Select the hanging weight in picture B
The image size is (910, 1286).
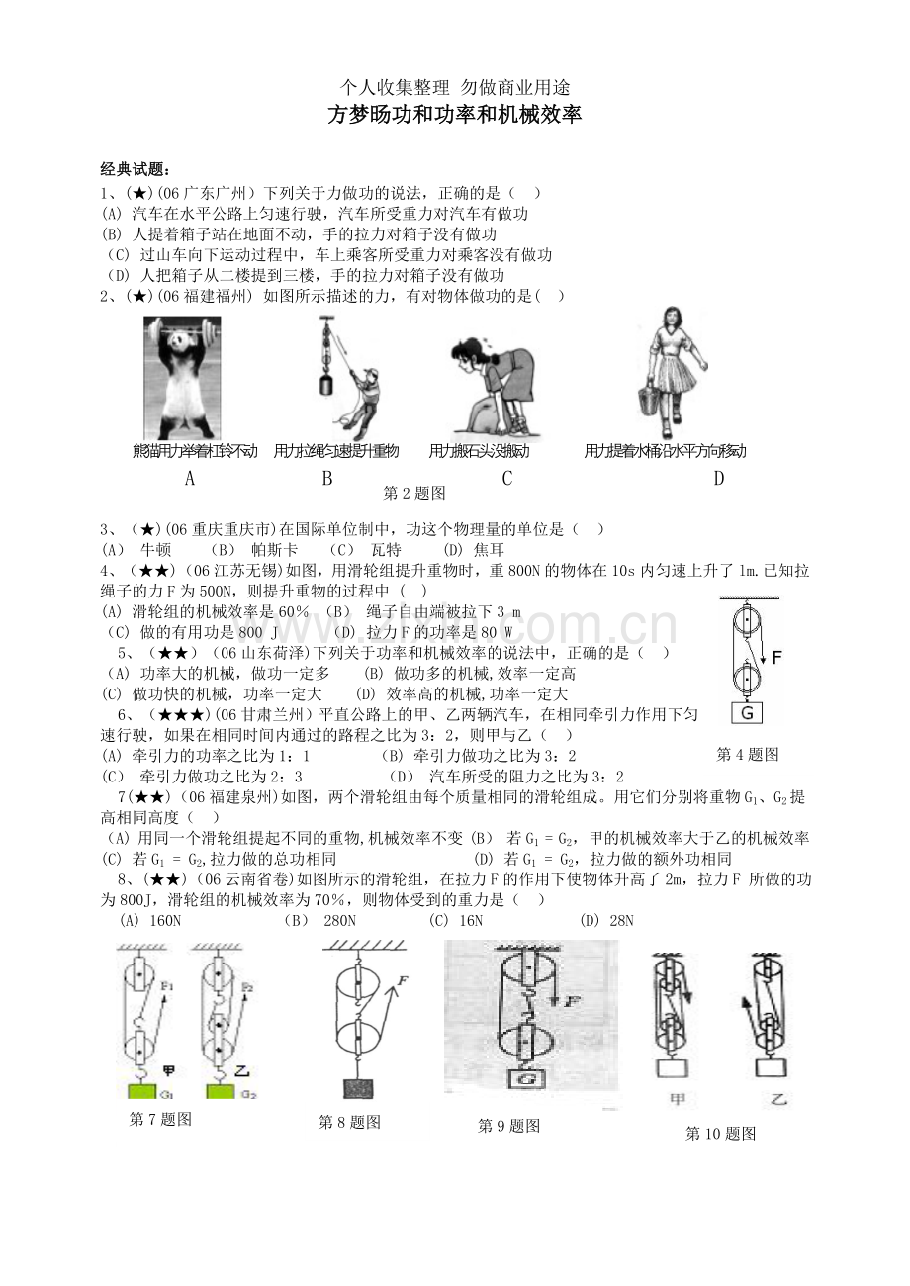pyautogui.click(x=324, y=384)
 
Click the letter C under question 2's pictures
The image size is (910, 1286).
pyautogui.click(x=507, y=480)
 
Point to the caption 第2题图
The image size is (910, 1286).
pyautogui.click(x=415, y=493)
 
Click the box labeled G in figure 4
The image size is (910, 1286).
pyautogui.click(x=747, y=713)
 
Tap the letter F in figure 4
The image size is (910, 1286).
pyautogui.click(x=777, y=657)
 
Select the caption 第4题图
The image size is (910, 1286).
pyautogui.click(x=748, y=755)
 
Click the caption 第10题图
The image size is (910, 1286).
pyautogui.click(x=721, y=1134)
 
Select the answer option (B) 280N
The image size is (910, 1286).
pyautogui.click(x=319, y=921)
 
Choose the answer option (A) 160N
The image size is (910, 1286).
pyautogui.click(x=150, y=921)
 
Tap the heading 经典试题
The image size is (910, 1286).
pyautogui.click(x=136, y=169)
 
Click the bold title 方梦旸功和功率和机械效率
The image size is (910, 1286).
pyautogui.click(x=454, y=116)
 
